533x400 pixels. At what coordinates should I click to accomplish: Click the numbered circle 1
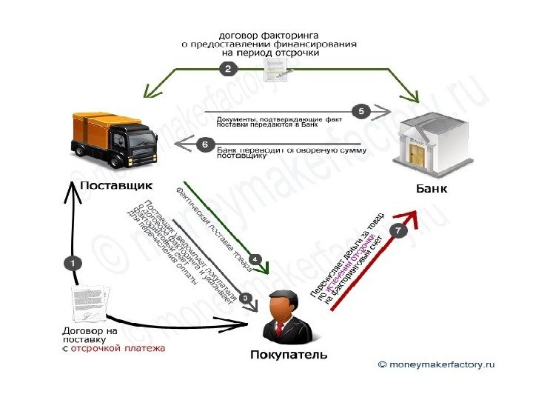73,261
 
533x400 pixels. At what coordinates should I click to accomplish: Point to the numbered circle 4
253,259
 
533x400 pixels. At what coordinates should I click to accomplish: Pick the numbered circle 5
361,111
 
